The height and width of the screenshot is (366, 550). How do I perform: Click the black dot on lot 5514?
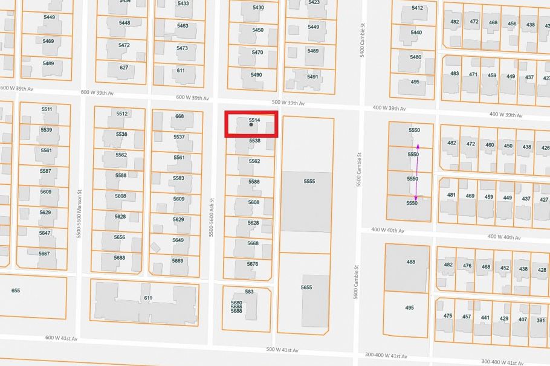tap(251, 125)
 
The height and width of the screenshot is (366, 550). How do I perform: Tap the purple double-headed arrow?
tap(416, 172)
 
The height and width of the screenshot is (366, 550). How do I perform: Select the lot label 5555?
tap(309, 181)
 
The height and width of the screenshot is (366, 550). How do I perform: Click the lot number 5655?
tap(306, 287)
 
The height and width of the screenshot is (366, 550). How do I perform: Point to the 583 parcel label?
tap(250, 292)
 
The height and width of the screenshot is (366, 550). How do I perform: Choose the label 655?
tap(16, 291)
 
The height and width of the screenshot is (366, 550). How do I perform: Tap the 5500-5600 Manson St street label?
tap(79, 217)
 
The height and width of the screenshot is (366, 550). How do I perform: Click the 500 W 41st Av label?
tap(282, 350)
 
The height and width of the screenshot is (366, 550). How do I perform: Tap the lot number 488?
tap(411, 262)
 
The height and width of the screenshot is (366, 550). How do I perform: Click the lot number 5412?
tap(417, 8)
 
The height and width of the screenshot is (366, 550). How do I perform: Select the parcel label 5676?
tap(253, 264)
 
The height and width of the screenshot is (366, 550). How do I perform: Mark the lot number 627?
tap(124, 68)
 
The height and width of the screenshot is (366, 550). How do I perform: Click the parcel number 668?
tap(180, 116)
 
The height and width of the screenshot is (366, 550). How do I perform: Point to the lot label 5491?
tap(312, 77)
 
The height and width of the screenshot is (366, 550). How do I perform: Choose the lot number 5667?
tap(45, 254)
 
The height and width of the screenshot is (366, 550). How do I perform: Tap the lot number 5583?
tap(178, 178)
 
